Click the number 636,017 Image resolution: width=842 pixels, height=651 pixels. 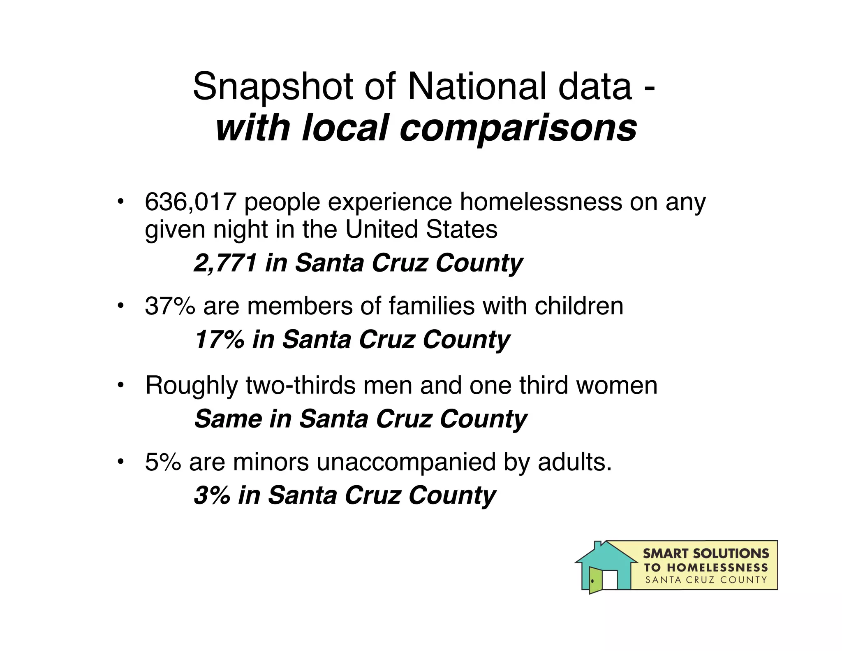click(x=190, y=202)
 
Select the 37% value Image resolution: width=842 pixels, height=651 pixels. click(x=170, y=306)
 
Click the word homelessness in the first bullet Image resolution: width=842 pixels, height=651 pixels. click(x=541, y=202)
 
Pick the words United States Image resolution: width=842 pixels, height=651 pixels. click(x=421, y=229)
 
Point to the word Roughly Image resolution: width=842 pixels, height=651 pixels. click(x=191, y=386)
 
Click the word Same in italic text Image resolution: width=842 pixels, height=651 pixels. click(x=228, y=419)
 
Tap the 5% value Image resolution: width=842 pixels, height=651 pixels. click(x=163, y=462)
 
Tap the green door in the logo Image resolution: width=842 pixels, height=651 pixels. click(x=595, y=580)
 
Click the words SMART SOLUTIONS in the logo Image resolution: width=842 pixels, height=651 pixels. click(x=706, y=553)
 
